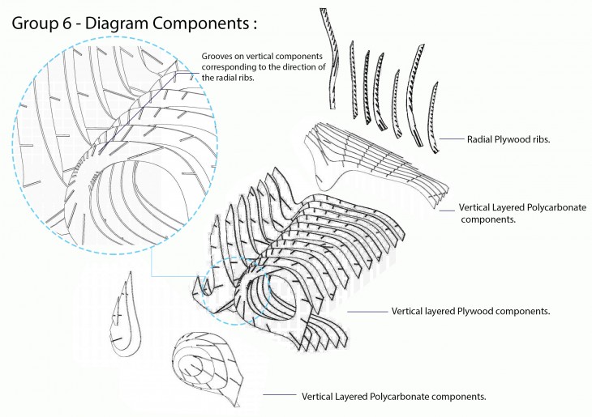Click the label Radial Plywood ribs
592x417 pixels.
508,140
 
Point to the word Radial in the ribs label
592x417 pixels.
480,140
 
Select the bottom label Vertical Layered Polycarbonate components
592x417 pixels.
393,397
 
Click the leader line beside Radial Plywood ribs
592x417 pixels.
451,139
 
